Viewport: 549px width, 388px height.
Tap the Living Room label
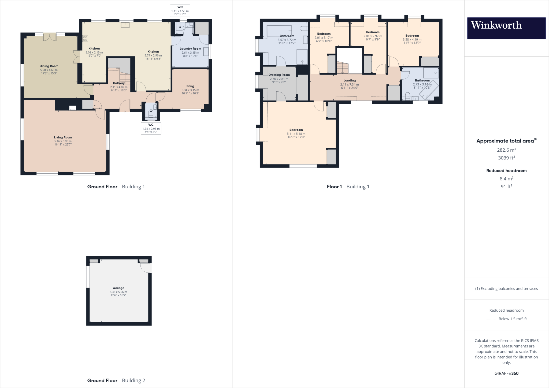pyautogui.click(x=63, y=137)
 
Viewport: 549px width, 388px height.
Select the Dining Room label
pyautogui.click(x=49, y=66)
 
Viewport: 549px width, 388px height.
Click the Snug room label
pyautogui.click(x=190, y=86)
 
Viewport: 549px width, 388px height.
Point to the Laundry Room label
pyautogui.click(x=190, y=49)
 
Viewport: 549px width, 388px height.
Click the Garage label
pyautogui.click(x=118, y=288)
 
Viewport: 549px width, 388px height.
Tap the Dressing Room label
pyautogui.click(x=279, y=75)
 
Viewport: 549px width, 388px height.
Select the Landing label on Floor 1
pyautogui.click(x=350, y=80)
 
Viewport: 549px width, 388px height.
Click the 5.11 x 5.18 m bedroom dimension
pyautogui.click(x=296, y=134)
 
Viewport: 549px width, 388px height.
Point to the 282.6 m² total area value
pyautogui.click(x=506, y=150)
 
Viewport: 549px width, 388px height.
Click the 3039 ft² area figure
pyautogui.click(x=506, y=158)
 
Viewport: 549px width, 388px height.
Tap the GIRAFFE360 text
pyautogui.click(x=506, y=373)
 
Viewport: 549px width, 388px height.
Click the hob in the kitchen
pyautogui.click(x=85, y=39)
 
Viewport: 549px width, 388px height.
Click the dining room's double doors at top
pyautogui.click(x=50, y=37)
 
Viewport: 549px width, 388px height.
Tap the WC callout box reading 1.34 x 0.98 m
pyautogui.click(x=151, y=129)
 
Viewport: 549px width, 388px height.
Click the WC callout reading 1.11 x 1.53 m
pyautogui.click(x=180, y=11)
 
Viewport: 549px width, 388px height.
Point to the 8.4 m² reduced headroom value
pyautogui.click(x=506, y=179)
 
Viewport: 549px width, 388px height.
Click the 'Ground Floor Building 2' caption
pyautogui.click(x=116, y=380)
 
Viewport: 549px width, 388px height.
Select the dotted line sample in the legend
pyautogui.click(x=491, y=319)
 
